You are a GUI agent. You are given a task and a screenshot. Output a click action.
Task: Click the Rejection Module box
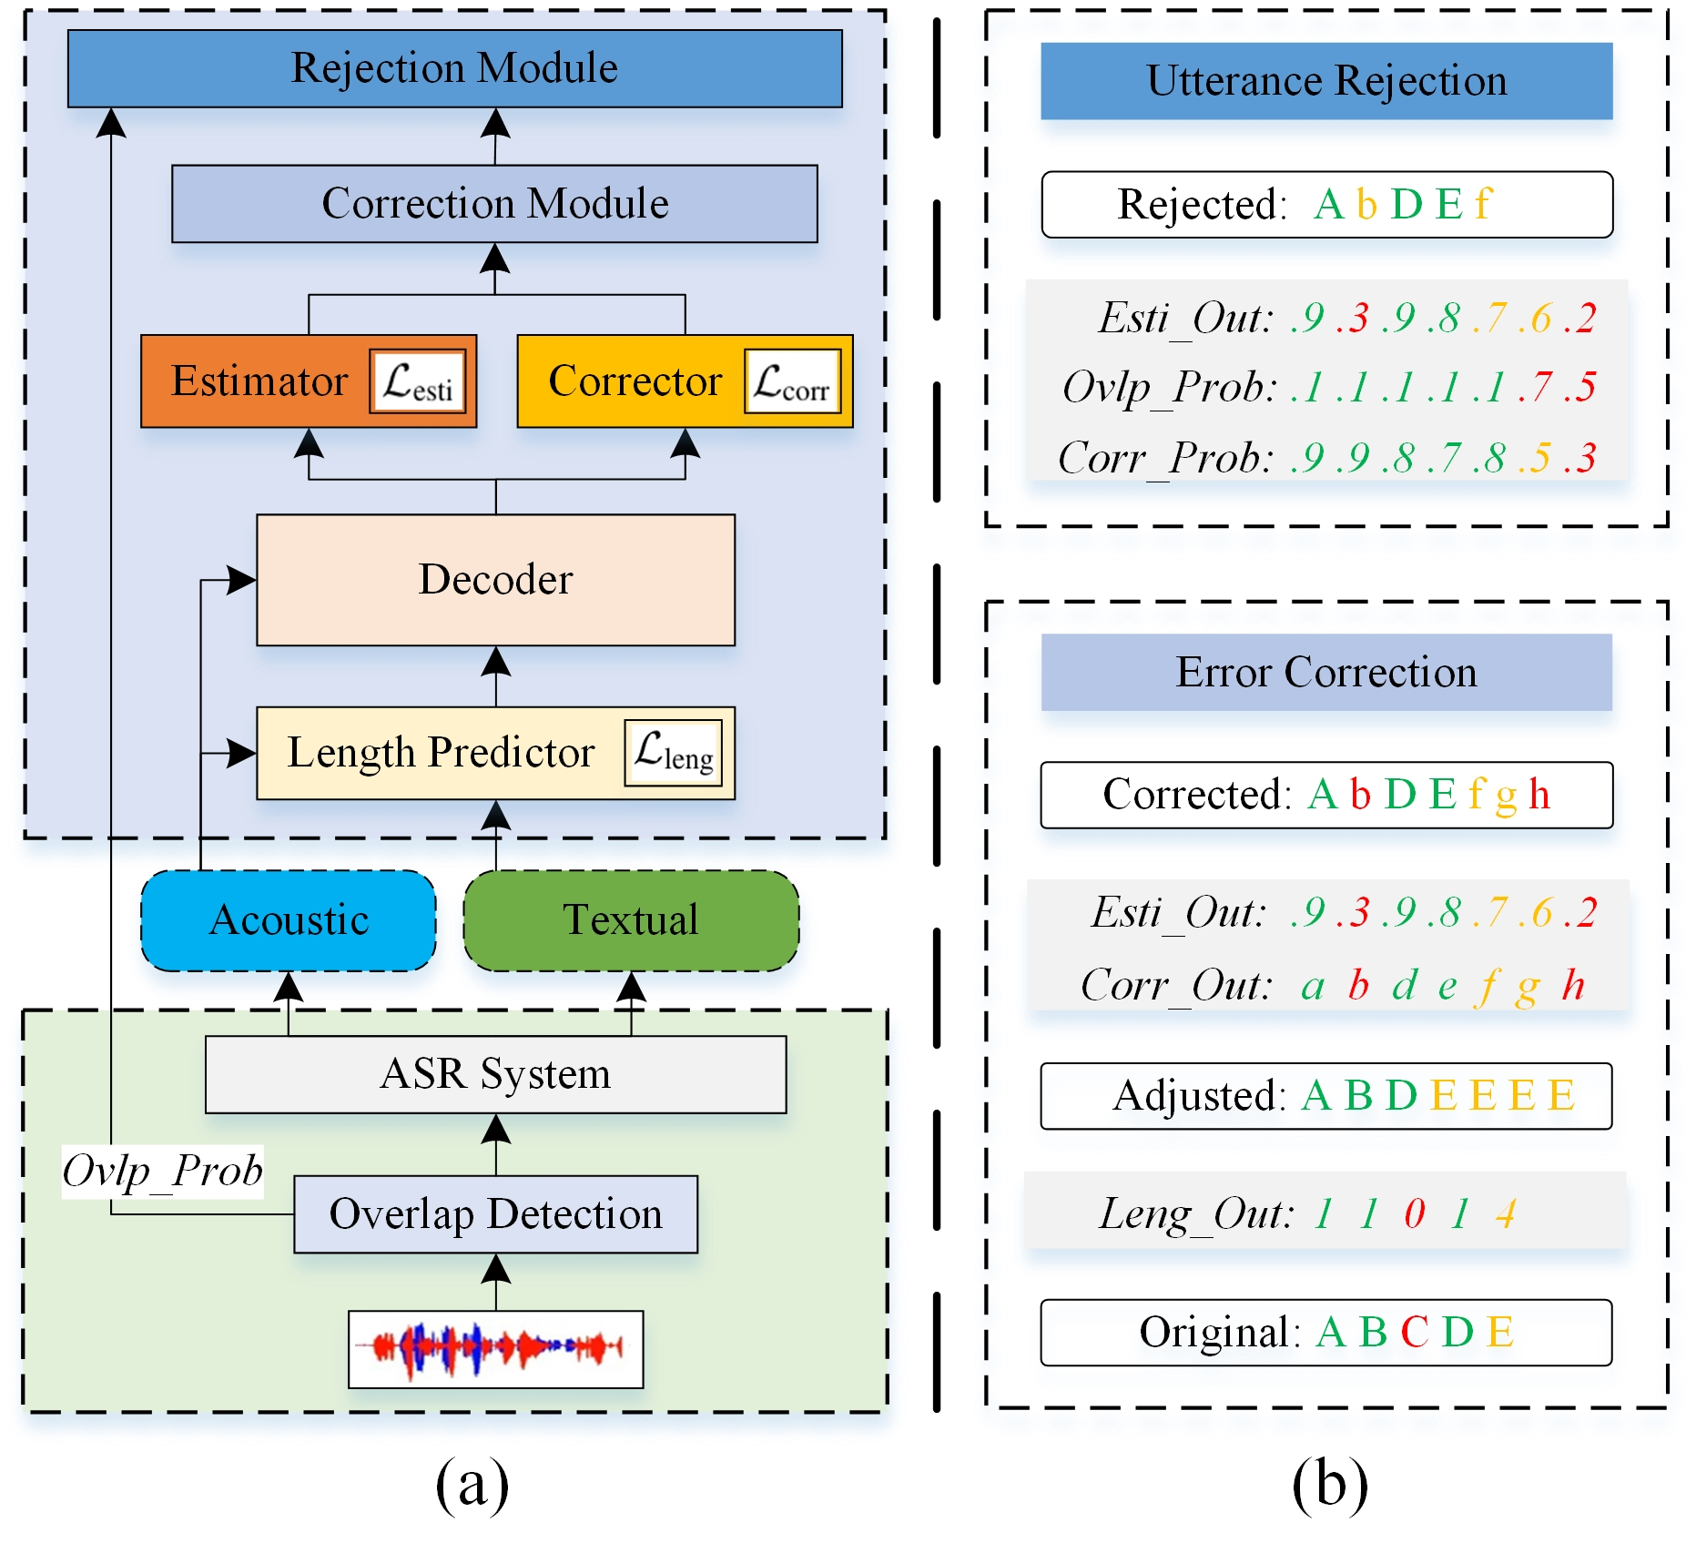[454, 68]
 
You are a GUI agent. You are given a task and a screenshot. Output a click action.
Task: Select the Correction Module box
[494, 203]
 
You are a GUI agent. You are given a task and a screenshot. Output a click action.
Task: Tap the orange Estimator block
[259, 381]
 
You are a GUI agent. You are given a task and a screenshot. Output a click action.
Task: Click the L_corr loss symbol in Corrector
[791, 381]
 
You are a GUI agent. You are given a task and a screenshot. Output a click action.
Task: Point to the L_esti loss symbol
[417, 381]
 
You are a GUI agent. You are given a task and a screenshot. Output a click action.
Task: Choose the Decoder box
[495, 580]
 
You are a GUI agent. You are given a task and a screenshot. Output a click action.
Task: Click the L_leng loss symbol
[673, 753]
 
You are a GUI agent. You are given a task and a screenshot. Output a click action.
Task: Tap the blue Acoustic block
[289, 920]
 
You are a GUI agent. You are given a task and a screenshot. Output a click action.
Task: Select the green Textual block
[631, 920]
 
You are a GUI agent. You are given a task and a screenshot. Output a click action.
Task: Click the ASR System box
[495, 1074]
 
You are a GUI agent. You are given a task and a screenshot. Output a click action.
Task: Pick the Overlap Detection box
[495, 1214]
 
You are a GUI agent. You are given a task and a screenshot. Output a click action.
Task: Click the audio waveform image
[495, 1348]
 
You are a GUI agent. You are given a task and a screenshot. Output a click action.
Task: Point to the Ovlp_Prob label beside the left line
[162, 1171]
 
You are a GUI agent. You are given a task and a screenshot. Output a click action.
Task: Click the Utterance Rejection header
[1325, 81]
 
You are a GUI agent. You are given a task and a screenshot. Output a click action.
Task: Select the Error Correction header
[1325, 673]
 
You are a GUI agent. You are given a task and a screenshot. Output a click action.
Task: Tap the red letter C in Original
[1414, 1333]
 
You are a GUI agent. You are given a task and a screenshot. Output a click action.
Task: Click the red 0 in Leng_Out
[1414, 1213]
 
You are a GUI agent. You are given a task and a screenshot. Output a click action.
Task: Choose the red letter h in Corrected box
[1539, 795]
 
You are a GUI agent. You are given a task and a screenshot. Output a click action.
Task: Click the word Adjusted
[1196, 1096]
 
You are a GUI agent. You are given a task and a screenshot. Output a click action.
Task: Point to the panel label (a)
[472, 1484]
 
